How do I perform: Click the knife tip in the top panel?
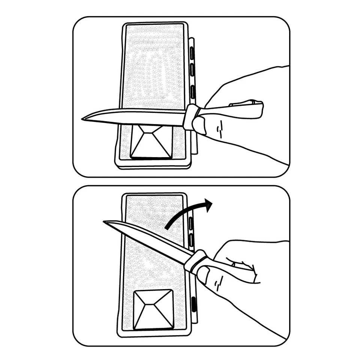[83, 119]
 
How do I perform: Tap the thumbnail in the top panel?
[199, 125]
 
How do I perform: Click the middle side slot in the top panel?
[192, 69]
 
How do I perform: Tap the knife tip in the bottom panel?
[105, 222]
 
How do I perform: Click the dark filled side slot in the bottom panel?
[194, 304]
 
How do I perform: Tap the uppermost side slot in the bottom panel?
[191, 223]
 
